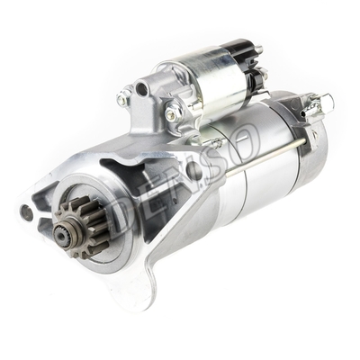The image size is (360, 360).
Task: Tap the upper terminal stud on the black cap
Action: [x=258, y=50]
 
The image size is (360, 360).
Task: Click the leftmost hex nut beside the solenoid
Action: [x=124, y=93]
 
